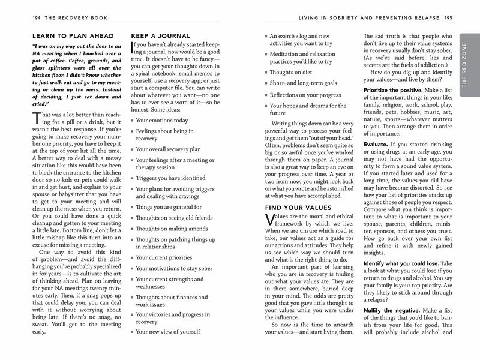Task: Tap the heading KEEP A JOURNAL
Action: (160, 36)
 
